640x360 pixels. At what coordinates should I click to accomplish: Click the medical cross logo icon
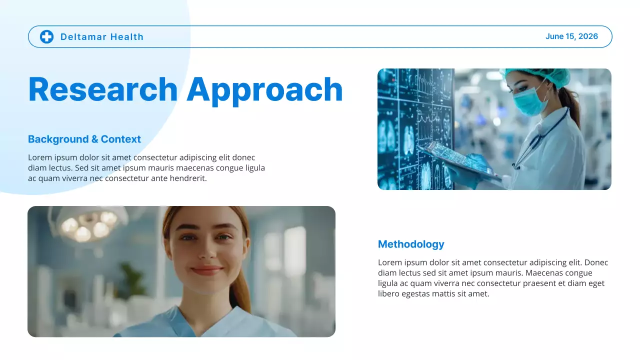[x=46, y=36]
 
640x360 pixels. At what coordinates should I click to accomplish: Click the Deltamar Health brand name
[x=101, y=37]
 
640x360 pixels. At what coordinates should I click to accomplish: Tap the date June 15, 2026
[x=571, y=36]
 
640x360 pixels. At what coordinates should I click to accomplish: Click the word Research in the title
[x=102, y=90]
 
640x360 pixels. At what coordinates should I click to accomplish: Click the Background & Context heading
[x=84, y=139]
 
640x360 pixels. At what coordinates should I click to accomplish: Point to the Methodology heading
[x=411, y=244]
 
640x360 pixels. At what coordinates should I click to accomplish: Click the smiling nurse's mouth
[x=206, y=270]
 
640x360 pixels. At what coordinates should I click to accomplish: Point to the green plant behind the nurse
[x=131, y=280]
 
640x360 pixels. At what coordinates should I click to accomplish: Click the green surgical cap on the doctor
[x=537, y=75]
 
